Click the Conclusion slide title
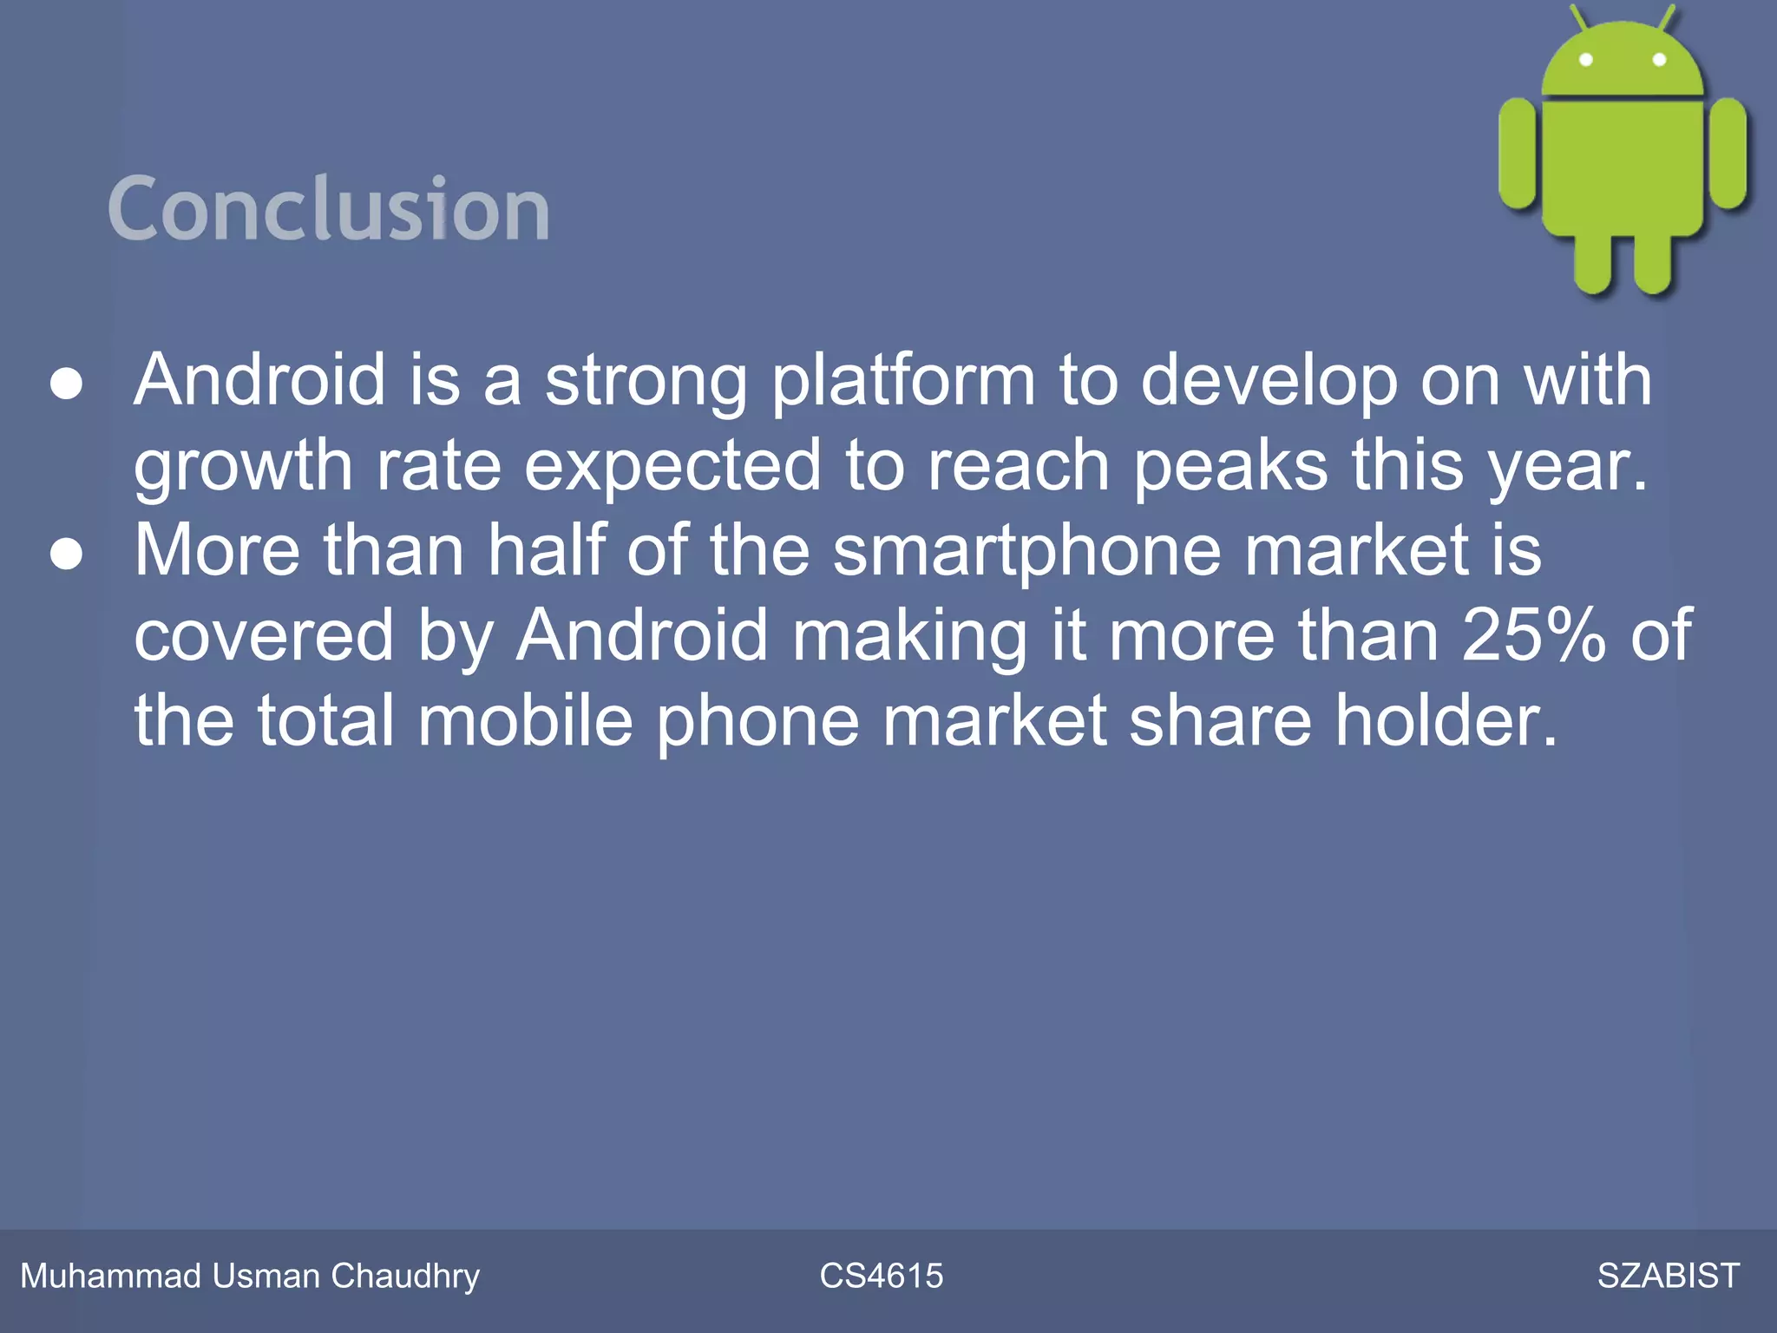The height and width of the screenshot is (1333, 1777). tap(328, 208)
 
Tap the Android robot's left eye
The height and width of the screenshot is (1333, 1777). tap(1586, 60)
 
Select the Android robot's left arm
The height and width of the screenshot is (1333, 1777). tap(1518, 154)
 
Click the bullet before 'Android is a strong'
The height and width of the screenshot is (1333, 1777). tap(67, 384)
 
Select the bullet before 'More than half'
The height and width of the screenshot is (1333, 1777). tap(67, 554)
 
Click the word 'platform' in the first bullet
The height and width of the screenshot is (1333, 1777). tap(903, 382)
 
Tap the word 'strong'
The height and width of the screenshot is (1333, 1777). tap(646, 382)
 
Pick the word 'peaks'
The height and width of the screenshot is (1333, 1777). tap(1230, 466)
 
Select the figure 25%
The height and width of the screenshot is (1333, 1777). tap(1533, 635)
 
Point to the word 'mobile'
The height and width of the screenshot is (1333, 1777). tap(526, 720)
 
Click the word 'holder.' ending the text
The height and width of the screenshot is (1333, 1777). tap(1446, 720)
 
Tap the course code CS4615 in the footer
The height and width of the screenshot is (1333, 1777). tap(881, 1276)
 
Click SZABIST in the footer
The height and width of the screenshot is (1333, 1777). tap(1668, 1276)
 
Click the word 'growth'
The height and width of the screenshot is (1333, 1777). tap(243, 467)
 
